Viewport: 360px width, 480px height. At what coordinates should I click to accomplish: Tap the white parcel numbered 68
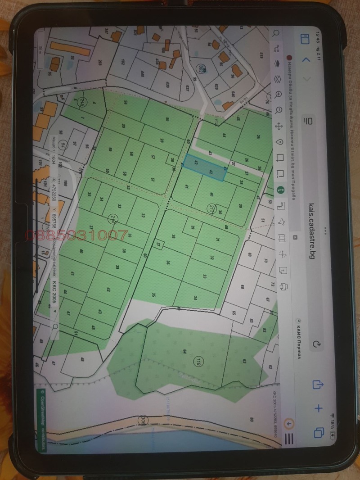[242, 287]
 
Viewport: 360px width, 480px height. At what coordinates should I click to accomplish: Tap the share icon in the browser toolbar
[318, 384]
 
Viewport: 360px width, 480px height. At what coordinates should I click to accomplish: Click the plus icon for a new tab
[318, 408]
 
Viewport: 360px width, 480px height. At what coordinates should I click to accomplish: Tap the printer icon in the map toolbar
[283, 286]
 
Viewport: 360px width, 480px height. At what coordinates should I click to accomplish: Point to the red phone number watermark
[76, 235]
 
